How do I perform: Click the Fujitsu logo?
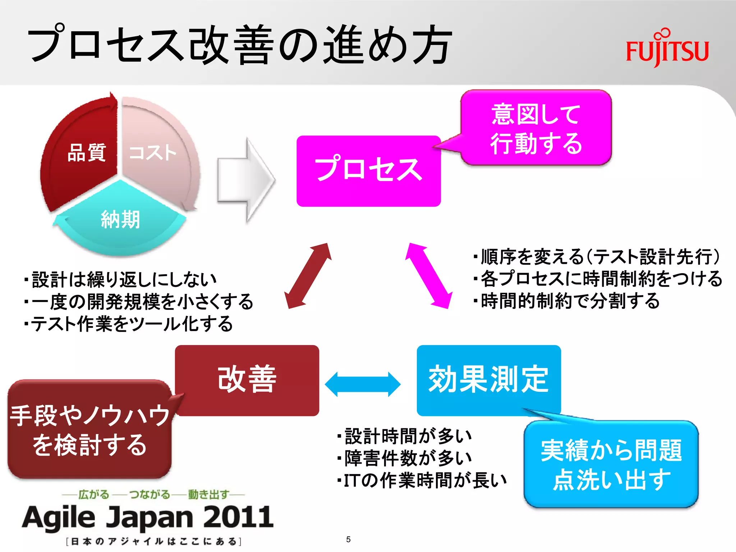click(x=667, y=49)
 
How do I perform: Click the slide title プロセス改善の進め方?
click(x=239, y=45)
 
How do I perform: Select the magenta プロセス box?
click(x=368, y=171)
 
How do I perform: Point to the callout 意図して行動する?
click(x=536, y=128)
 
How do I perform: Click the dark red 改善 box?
click(x=247, y=380)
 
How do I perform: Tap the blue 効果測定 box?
click(x=488, y=380)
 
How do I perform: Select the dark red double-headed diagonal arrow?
click(x=308, y=276)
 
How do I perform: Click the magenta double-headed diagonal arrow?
click(x=428, y=276)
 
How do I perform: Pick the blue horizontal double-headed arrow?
click(x=362, y=384)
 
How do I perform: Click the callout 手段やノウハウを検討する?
click(x=89, y=429)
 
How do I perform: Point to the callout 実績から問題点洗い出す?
click(x=611, y=464)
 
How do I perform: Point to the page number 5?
click(x=348, y=539)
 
